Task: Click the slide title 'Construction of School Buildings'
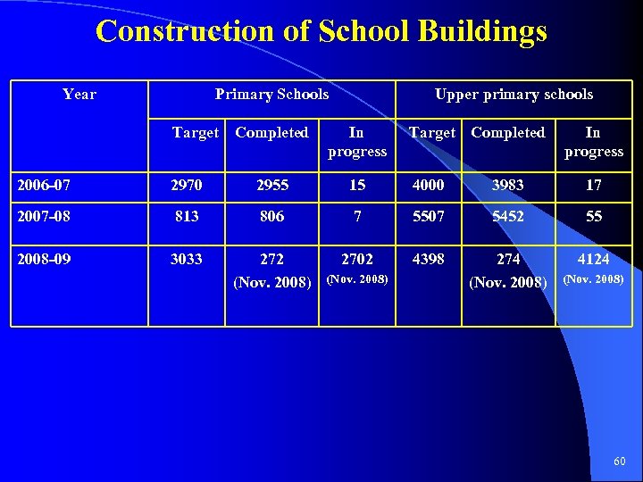coord(321,32)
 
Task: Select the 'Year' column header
coord(79,94)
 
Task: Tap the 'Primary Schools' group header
coord(271,94)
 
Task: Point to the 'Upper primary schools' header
coord(514,94)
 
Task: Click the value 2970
coord(187,185)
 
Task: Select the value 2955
coord(271,185)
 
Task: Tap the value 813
coord(187,217)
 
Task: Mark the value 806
coord(271,217)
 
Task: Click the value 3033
coord(187,259)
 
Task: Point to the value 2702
coord(357,259)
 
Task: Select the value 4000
coord(428,185)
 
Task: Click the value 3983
coord(508,185)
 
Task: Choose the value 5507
coord(428,217)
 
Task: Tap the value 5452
coord(508,217)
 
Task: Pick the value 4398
coord(428,259)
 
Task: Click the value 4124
coord(594,259)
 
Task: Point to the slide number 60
coord(620,461)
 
